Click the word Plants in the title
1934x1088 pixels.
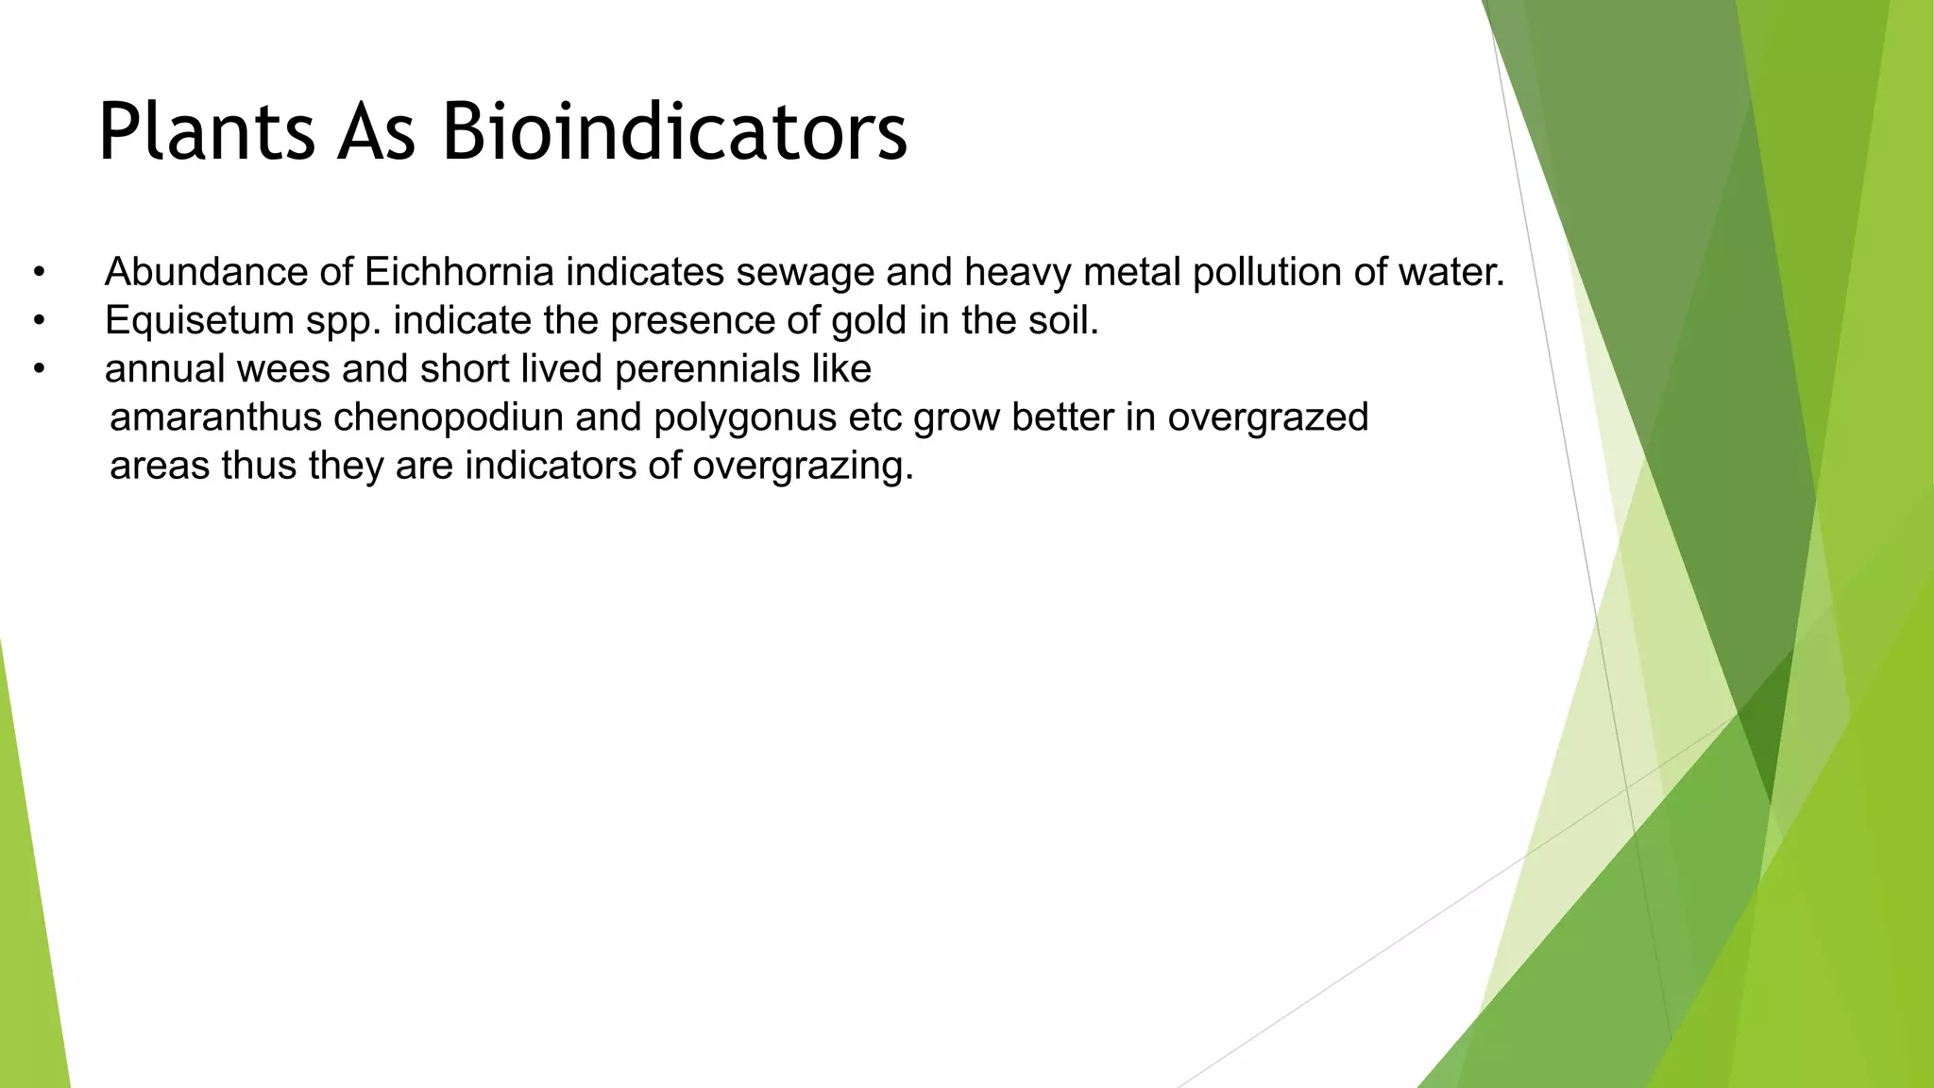(206, 132)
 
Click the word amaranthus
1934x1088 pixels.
(216, 416)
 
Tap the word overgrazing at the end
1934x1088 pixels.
(803, 466)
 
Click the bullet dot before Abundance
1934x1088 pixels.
(39, 273)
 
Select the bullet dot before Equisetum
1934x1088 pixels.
(39, 321)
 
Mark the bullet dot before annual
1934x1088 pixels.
(39, 369)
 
